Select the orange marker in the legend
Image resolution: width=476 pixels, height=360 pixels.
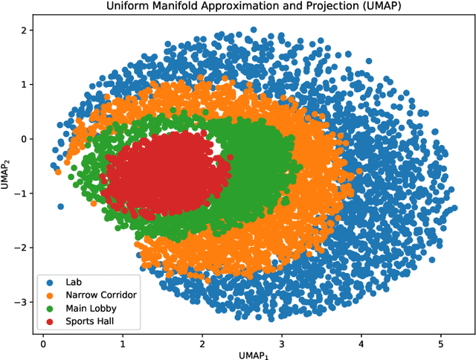50,295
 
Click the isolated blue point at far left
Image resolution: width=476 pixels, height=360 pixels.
60,206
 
